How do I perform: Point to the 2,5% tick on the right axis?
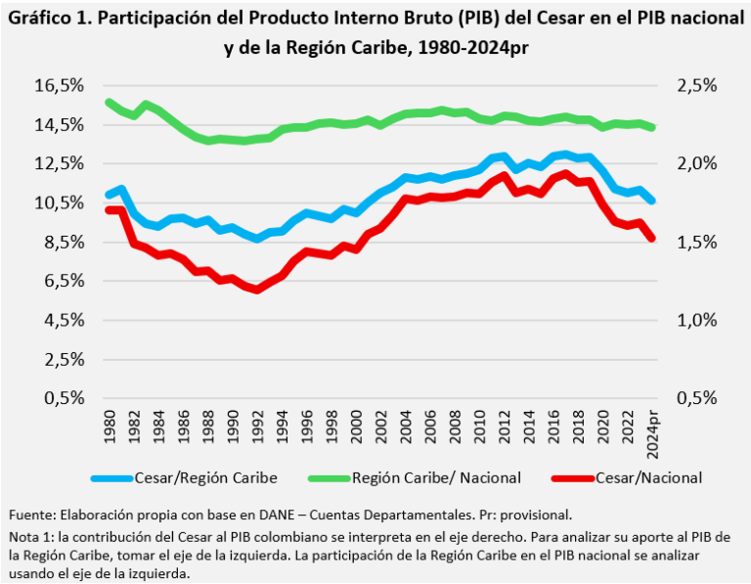pyautogui.click(x=698, y=86)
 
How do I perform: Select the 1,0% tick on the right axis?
pyautogui.click(x=698, y=320)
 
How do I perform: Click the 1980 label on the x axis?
pyautogui.click(x=109, y=425)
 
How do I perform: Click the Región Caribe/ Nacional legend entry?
pyautogui.click(x=419, y=477)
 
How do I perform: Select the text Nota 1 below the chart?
pyautogui.click(x=30, y=538)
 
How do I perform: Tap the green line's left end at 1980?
pyautogui.click(x=108, y=102)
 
